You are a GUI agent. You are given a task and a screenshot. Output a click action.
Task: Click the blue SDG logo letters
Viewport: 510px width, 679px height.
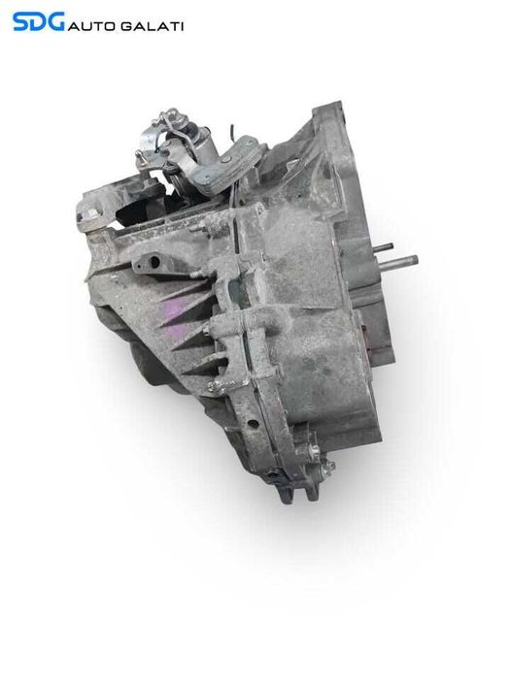(x=39, y=21)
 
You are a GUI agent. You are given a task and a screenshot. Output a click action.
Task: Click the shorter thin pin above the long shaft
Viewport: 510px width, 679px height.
(x=382, y=246)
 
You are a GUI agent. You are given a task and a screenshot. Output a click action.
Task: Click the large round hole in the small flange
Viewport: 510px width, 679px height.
(x=153, y=261)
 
